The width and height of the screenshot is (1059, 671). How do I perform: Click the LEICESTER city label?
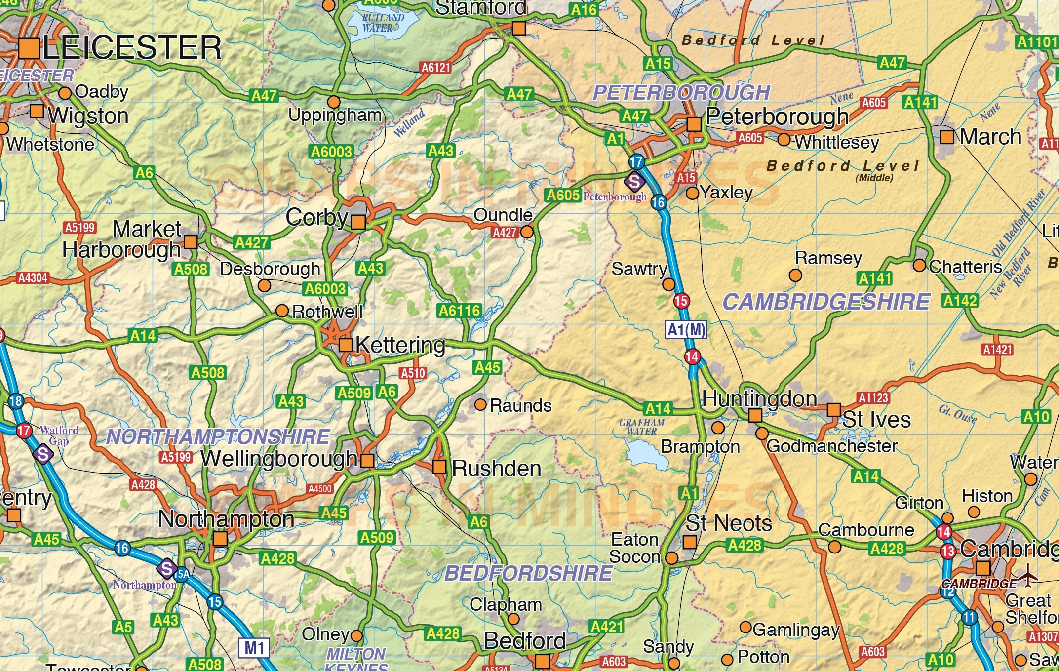[x=132, y=48]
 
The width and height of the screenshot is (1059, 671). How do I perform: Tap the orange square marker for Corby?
[x=358, y=222]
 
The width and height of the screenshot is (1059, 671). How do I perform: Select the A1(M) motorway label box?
[x=686, y=330]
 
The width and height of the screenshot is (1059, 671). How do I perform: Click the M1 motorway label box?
[x=255, y=648]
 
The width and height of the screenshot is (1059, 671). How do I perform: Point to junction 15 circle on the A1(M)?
[x=681, y=301]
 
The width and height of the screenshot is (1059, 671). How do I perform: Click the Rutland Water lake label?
[x=382, y=23]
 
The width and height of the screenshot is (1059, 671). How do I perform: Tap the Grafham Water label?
[x=642, y=427]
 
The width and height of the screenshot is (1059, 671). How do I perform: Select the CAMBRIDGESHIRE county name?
[x=826, y=302]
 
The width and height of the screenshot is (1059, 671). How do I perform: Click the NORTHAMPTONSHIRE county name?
[x=218, y=437]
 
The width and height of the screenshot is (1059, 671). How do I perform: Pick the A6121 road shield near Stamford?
[x=436, y=68]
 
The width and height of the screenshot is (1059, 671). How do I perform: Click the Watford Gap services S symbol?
[x=43, y=454]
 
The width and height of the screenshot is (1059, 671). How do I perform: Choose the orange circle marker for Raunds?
[x=480, y=405]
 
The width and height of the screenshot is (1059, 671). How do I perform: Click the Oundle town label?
[x=503, y=215]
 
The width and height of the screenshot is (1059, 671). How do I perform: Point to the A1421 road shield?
[x=998, y=350]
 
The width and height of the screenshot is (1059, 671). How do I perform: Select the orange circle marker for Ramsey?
[x=795, y=275]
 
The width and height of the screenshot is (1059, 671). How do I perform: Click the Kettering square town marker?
[x=346, y=345]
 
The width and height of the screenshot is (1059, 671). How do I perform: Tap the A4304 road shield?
[x=33, y=278]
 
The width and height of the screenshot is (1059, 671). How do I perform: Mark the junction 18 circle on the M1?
[x=16, y=401]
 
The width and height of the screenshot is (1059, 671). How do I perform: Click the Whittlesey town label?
[x=837, y=142]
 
